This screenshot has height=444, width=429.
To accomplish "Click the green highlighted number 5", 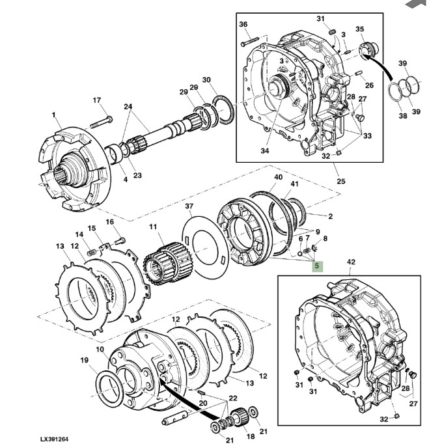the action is point(317,266).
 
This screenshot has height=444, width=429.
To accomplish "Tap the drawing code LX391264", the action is point(54,439).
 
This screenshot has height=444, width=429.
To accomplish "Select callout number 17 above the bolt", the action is point(97,100).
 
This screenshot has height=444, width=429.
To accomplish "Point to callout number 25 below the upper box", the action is point(341,181).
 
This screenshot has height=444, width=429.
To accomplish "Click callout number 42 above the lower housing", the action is point(351,262).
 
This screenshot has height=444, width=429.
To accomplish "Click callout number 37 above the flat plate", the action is point(189,206).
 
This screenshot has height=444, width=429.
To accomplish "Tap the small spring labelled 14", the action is point(91,252).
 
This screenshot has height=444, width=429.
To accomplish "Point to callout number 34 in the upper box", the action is point(264,151).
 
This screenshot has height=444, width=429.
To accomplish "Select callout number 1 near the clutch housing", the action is point(53,115).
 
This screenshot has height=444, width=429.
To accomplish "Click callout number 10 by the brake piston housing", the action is point(100,350).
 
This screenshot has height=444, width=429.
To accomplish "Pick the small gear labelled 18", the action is point(240,415).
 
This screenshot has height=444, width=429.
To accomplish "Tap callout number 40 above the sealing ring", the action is point(278,177).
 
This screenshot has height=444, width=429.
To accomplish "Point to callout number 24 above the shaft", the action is point(128,107).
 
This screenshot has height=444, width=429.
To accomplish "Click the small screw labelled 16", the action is point(120,242).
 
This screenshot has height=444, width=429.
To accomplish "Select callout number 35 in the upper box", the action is point(359,29).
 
